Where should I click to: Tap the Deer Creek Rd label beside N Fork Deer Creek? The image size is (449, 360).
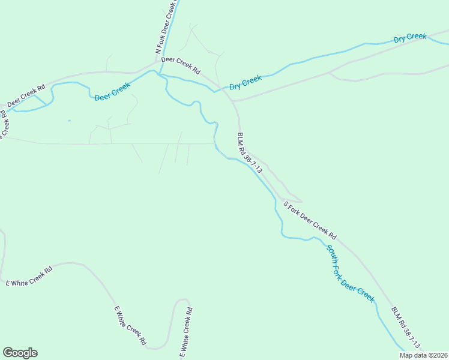click(181, 64)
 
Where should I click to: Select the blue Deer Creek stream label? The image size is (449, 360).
click(112, 92)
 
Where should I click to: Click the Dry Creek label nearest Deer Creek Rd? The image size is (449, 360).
click(246, 82)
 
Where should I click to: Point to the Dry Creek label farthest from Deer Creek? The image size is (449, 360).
click(410, 38)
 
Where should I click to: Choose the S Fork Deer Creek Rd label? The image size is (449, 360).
click(310, 220)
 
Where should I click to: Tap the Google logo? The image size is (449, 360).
click(20, 353)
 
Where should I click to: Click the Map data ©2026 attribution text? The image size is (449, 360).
click(423, 355)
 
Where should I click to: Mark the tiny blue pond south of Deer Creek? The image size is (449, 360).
click(69, 121)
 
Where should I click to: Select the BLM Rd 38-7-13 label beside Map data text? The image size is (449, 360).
click(406, 329)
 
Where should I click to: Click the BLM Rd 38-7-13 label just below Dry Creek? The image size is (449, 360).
click(250, 153)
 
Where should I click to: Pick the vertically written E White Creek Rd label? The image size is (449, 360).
click(187, 331)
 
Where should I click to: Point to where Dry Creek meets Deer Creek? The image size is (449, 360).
click(214, 91)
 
